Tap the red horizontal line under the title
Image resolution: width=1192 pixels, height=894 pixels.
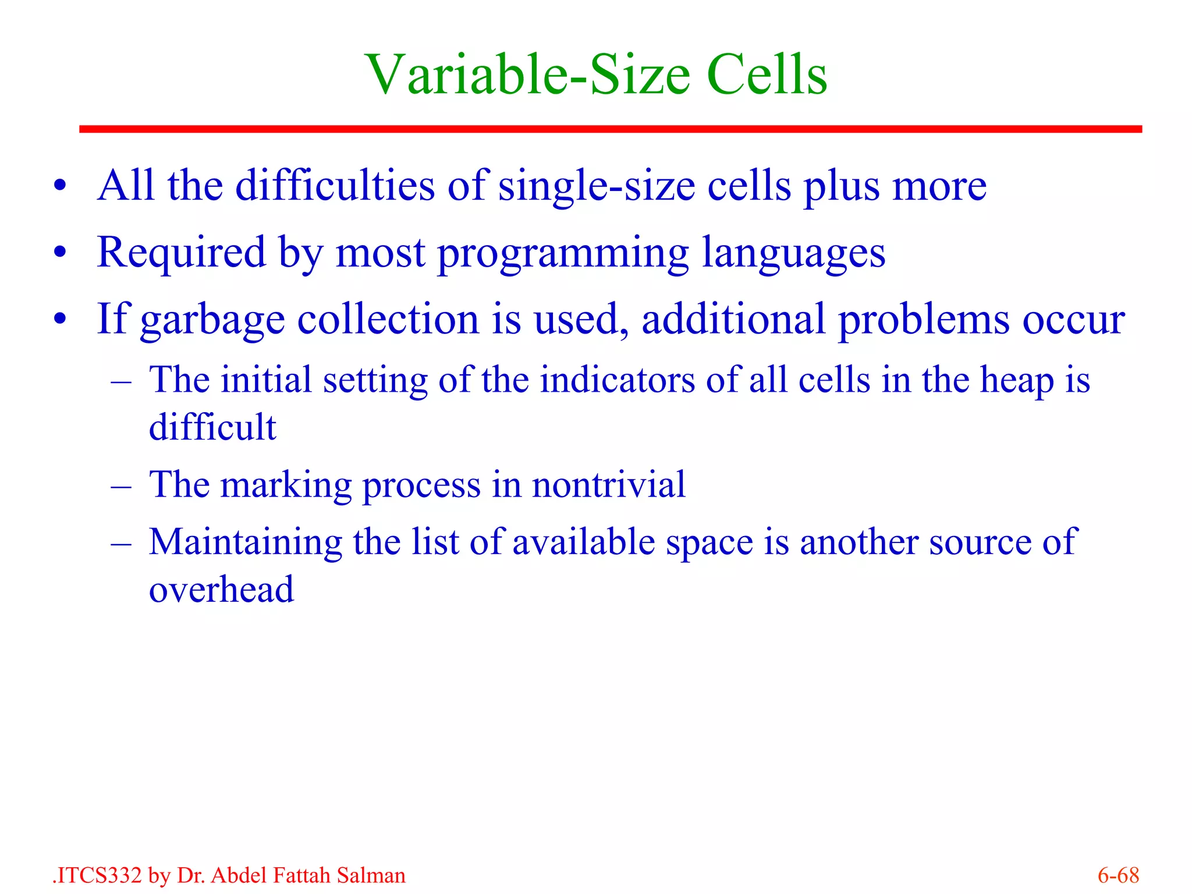click(610, 129)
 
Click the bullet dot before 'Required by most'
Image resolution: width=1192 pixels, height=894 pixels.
click(60, 253)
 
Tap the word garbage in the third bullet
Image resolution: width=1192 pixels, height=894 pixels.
click(212, 320)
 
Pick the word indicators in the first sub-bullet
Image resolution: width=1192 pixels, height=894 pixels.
click(617, 380)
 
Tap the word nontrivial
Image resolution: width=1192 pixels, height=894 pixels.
click(608, 484)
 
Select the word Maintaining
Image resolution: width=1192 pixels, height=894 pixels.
click(245, 542)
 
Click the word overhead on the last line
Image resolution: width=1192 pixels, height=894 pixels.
click(221, 590)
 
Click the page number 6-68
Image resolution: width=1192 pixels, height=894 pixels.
click(1118, 875)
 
